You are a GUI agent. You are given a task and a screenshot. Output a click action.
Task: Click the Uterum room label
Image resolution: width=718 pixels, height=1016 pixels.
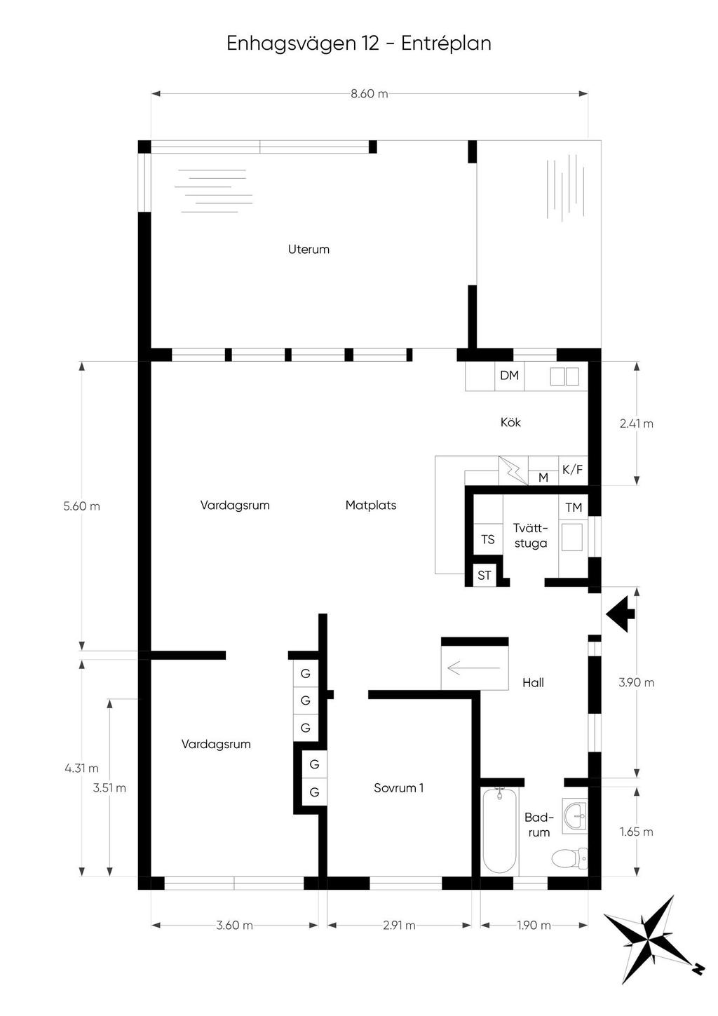pyautogui.click(x=309, y=249)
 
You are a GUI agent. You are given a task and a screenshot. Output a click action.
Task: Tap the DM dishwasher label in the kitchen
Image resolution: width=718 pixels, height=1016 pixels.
pyautogui.click(x=509, y=375)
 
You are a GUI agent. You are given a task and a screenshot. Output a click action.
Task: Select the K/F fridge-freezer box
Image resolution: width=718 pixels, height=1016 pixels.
pyautogui.click(x=573, y=470)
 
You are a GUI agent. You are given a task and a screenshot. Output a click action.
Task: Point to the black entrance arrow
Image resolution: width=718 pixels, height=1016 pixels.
pyautogui.click(x=620, y=614)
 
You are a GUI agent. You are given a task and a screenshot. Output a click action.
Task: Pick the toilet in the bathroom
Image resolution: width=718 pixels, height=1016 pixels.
pyautogui.click(x=569, y=858)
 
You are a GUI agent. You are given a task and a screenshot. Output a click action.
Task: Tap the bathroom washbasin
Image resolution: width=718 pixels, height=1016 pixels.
pyautogui.click(x=575, y=816)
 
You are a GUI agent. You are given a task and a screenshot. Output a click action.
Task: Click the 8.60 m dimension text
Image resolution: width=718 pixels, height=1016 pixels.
pyautogui.click(x=370, y=94)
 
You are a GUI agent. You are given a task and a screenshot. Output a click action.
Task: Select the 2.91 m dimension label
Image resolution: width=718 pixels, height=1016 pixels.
pyautogui.click(x=399, y=926)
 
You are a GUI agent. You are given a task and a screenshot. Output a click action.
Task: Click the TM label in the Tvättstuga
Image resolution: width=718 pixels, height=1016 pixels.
pyautogui.click(x=574, y=508)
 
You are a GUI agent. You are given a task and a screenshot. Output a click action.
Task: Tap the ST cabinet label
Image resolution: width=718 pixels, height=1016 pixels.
pyautogui.click(x=484, y=576)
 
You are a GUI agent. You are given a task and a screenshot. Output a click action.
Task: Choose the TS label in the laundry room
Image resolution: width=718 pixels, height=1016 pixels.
pyautogui.click(x=487, y=540)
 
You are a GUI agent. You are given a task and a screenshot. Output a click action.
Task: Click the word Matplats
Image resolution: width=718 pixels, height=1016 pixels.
pyautogui.click(x=370, y=506)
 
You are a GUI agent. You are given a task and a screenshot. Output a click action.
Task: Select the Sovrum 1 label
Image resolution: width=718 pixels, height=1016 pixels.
pyautogui.click(x=399, y=788)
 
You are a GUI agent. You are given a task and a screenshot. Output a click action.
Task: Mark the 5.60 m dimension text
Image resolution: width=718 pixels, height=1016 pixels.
pyautogui.click(x=81, y=506)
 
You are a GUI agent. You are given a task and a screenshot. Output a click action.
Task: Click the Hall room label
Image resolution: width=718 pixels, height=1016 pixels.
pyautogui.click(x=533, y=683)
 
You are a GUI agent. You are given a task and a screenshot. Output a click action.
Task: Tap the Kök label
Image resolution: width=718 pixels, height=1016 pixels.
pyautogui.click(x=510, y=422)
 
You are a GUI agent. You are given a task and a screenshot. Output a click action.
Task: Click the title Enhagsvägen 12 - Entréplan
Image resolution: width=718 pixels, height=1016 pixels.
pyautogui.click(x=359, y=44)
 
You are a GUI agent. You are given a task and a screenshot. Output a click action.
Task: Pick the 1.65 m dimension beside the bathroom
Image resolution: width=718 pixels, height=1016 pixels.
pyautogui.click(x=637, y=832)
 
